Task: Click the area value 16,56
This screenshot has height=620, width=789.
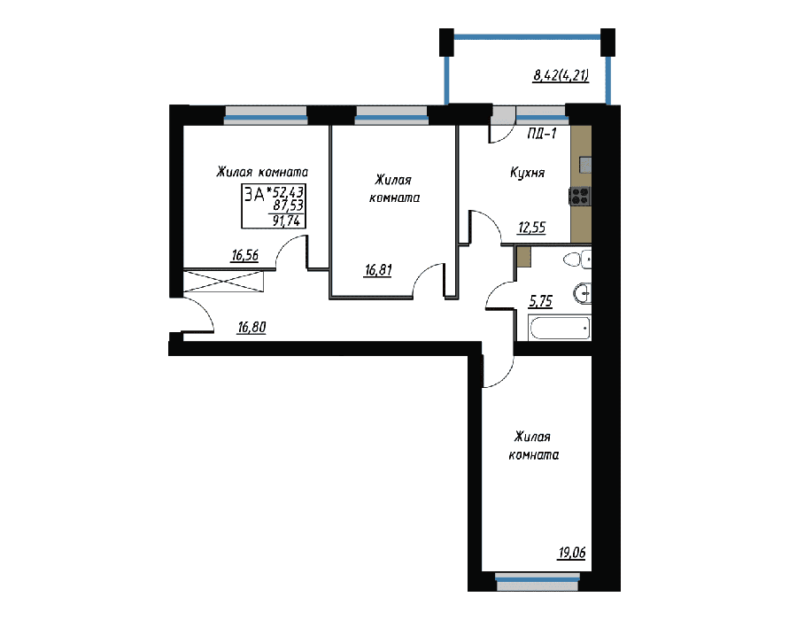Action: coord(245,256)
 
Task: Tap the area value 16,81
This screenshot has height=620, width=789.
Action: coord(378,270)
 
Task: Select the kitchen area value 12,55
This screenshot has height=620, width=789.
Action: coord(532,228)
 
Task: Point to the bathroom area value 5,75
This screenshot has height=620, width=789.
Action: coord(540,301)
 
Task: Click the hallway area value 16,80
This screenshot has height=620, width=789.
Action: coord(251,328)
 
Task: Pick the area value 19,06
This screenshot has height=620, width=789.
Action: coord(572,553)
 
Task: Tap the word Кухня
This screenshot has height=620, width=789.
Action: coord(528,173)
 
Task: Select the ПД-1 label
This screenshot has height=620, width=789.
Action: coord(542,134)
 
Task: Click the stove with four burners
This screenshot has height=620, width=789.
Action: coord(580,196)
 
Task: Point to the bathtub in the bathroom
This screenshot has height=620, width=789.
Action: coord(560,328)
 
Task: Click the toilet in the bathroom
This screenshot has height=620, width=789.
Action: coord(577,260)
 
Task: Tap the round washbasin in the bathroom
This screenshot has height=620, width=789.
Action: coord(582,293)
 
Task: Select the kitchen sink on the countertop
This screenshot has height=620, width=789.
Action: coord(585,165)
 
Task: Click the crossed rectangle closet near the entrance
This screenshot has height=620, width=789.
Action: coord(223,282)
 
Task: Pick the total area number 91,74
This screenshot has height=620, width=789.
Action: coord(286,221)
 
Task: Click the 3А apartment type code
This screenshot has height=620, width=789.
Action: coord(255,194)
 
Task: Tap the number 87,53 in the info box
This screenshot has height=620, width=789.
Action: coord(289,205)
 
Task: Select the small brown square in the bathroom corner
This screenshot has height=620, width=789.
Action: coord(524,257)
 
